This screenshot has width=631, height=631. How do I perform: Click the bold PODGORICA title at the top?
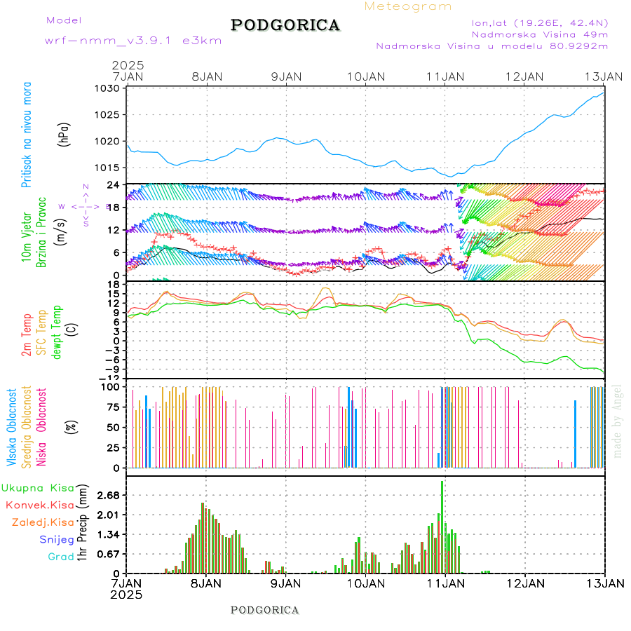285,25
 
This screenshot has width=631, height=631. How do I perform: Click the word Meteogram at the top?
408,6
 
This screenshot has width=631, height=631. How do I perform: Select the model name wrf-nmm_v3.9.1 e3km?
133,41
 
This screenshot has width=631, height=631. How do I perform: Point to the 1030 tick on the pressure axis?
109,88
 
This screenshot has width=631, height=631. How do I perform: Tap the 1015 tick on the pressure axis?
109,168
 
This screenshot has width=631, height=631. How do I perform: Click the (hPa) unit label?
64,135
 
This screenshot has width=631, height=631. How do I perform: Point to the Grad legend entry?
60,557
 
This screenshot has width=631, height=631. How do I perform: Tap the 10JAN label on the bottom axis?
365,583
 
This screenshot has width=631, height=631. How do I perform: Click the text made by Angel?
618,421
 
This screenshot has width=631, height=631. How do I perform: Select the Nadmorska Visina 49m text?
539,34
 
